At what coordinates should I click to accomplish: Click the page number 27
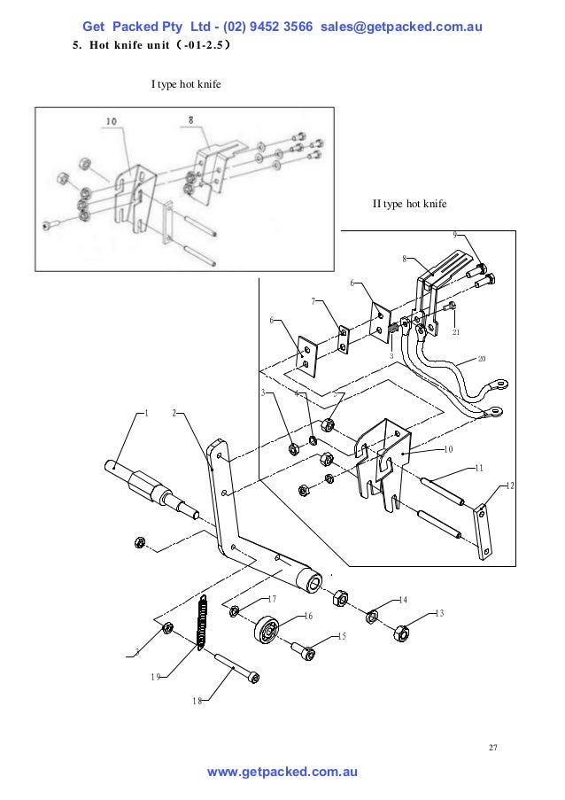(493, 748)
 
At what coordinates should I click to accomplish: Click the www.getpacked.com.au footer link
(282, 773)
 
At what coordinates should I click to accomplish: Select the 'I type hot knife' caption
(186, 85)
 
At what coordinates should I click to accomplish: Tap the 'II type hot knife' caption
(409, 205)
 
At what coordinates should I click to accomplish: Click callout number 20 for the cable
(482, 358)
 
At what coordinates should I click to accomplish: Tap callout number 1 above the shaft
(146, 413)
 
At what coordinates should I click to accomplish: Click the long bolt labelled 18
(233, 671)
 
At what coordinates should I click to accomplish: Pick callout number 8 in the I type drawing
(191, 117)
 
